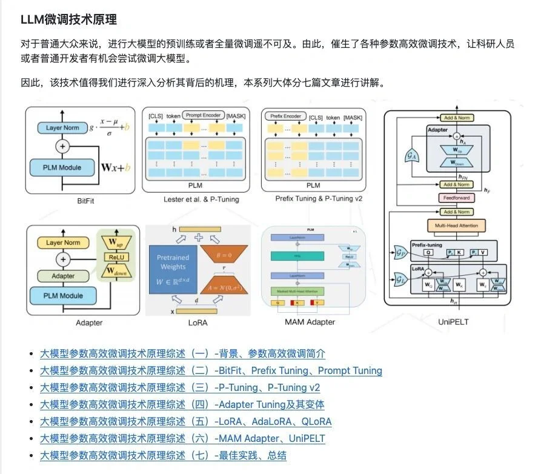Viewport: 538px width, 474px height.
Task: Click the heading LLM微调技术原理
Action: (68, 19)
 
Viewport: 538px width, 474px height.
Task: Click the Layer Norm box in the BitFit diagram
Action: (63, 128)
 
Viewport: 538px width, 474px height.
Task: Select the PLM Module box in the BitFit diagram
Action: (62, 167)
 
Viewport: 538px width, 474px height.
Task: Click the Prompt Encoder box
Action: (203, 115)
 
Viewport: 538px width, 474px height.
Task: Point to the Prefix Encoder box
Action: (284, 116)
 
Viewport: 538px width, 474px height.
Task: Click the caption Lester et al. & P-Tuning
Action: (201, 199)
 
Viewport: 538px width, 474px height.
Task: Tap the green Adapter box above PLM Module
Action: (63, 276)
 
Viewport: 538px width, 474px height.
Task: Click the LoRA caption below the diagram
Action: (198, 322)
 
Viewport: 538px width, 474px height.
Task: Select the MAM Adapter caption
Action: (310, 322)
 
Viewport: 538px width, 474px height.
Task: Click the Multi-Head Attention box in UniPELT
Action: (456, 226)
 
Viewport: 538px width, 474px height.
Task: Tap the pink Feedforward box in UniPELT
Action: (456, 198)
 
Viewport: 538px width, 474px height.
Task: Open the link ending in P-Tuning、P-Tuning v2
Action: (180, 387)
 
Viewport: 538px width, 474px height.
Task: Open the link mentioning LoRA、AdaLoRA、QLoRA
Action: (185, 421)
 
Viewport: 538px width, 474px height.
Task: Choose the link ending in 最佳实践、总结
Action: (163, 455)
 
